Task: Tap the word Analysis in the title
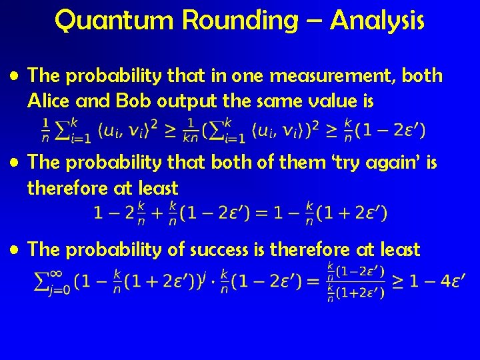click(x=377, y=21)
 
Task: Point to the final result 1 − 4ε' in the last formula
click(x=437, y=282)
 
